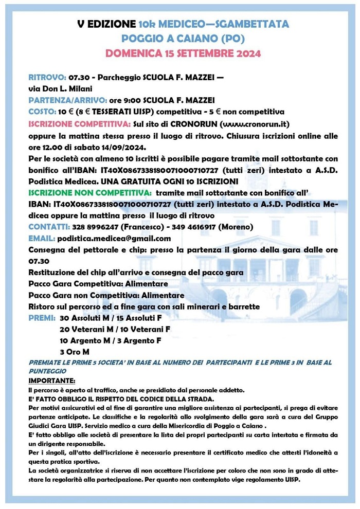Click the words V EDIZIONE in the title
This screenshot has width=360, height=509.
point(106,24)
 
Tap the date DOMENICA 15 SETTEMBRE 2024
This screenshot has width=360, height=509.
point(183,53)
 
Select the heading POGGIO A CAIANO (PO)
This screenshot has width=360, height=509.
point(183,39)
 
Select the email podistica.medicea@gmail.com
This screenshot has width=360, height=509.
point(114,238)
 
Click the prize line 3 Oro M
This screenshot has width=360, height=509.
point(75,352)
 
